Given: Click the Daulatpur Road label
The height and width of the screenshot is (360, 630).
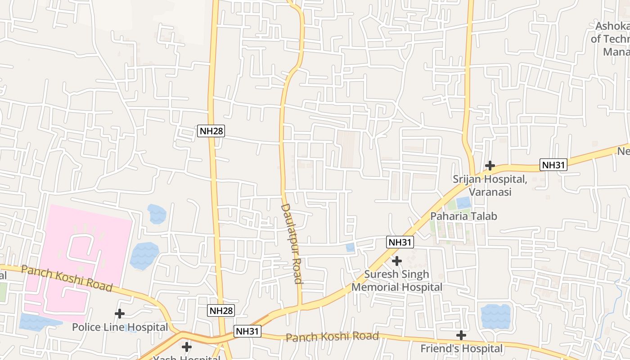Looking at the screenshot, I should (x=292, y=243).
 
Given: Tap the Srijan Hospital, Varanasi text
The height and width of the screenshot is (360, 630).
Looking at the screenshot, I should (x=490, y=185).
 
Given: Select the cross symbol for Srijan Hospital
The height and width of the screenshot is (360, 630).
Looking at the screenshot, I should (x=490, y=166).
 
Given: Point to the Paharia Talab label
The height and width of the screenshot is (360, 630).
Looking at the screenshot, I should (x=463, y=216).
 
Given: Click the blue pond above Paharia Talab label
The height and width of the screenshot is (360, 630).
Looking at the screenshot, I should (x=463, y=203).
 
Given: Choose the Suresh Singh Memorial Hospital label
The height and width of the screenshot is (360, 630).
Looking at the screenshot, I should (x=397, y=280).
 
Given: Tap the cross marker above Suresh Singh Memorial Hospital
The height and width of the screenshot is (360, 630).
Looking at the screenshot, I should (x=396, y=261).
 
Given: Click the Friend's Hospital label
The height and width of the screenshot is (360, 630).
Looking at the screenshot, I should (x=461, y=348).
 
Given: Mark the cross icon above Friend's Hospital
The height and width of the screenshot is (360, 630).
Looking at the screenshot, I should (x=461, y=335).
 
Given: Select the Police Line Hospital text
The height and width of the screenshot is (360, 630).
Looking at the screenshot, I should (x=120, y=327).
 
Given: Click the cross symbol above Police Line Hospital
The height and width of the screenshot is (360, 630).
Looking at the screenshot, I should (x=119, y=313).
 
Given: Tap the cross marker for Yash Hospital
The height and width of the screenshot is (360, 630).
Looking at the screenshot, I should (x=186, y=347).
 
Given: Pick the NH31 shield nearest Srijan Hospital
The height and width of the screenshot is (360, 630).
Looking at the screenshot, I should (x=553, y=165).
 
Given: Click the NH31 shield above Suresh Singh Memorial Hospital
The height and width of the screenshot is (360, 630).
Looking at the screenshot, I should (x=400, y=242).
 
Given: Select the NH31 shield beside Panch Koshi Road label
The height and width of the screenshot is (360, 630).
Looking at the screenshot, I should (x=247, y=332).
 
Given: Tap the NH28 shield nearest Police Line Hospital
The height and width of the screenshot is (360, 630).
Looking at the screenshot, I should (x=221, y=310).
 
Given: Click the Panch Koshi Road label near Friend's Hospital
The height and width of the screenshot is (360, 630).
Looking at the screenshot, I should (x=332, y=337).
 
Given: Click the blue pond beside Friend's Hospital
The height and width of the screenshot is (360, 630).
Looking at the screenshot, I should (x=495, y=316).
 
